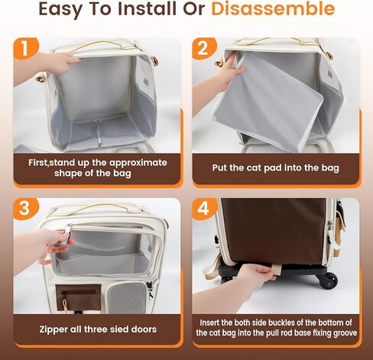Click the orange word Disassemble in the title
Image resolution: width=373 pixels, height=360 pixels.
pyautogui.click(x=273, y=8)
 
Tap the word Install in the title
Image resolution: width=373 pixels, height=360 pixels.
pyautogui.click(x=148, y=8)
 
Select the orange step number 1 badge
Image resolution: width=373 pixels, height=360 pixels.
pyautogui.click(x=25, y=48)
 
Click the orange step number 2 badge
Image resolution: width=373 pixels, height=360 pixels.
pyautogui.click(x=203, y=48)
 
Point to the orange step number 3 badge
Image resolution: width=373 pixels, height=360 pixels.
pyautogui.click(x=25, y=209)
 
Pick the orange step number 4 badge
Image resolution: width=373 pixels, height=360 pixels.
pyautogui.click(x=203, y=209)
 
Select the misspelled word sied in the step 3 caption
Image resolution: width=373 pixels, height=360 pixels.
pyautogui.click(x=117, y=329)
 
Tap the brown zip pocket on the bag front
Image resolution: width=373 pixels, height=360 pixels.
pyautogui.click(x=79, y=297)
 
